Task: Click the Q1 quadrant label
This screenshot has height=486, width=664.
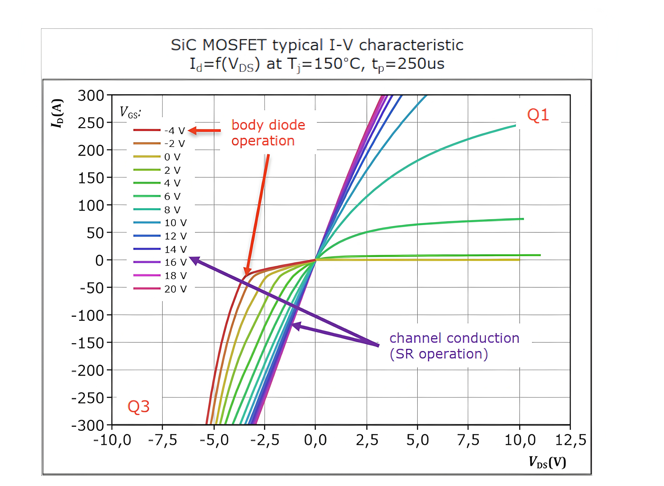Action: coord(538,115)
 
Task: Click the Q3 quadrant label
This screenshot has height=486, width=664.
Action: coord(138,407)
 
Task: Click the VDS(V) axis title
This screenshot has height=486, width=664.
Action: coord(547,462)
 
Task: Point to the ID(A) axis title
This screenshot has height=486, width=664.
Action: coord(57,113)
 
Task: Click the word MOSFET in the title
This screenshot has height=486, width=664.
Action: coord(234,45)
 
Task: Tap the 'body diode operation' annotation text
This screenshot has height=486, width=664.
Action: coord(268,133)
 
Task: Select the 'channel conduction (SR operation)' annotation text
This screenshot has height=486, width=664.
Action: coord(454,346)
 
